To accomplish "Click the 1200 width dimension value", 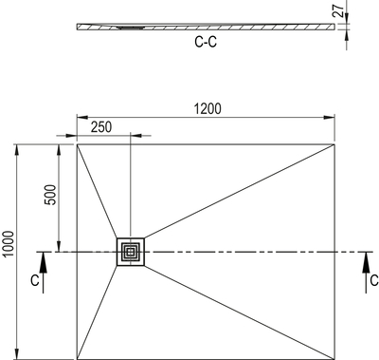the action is tap(208, 108).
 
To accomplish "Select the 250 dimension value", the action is tap(101, 127).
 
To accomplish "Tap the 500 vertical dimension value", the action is tap(50, 195).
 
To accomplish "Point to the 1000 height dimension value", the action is tap(9, 244).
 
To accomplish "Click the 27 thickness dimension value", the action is tap(339, 11).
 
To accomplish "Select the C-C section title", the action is tap(206, 42).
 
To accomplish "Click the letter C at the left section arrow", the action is tap(35, 280).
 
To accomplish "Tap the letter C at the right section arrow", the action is tap(374, 280).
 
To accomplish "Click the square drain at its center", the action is tap(131, 252).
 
